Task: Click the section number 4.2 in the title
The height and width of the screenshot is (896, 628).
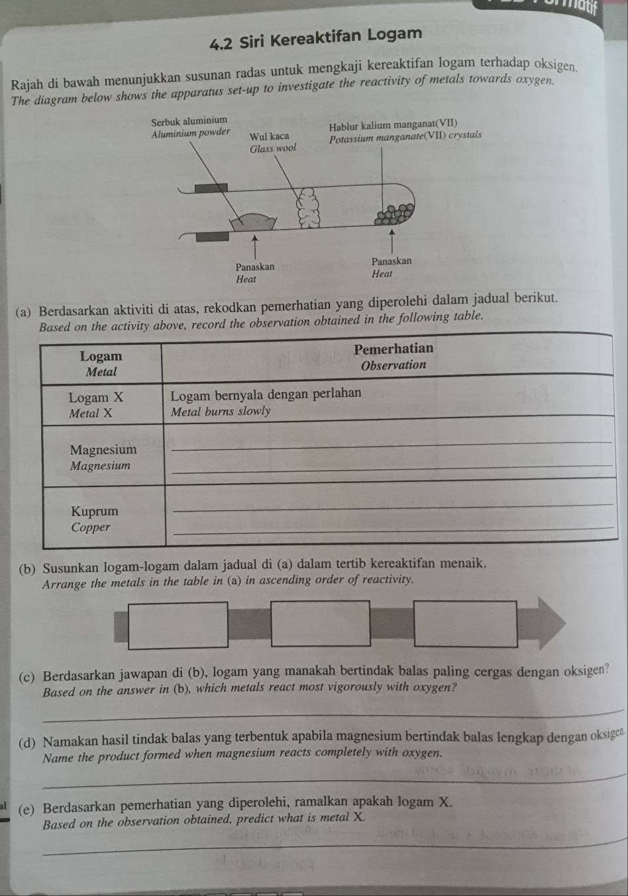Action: pyautogui.click(x=222, y=43)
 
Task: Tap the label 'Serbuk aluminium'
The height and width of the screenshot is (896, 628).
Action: pyautogui.click(x=189, y=120)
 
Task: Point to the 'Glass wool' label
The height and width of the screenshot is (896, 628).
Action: pyautogui.click(x=273, y=149)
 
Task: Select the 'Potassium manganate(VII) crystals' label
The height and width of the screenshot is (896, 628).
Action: pyautogui.click(x=405, y=136)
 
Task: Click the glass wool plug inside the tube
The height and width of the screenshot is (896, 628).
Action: pyautogui.click(x=308, y=208)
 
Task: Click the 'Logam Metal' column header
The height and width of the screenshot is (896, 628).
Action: pyautogui.click(x=101, y=364)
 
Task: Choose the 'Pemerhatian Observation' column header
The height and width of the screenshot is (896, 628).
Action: pyautogui.click(x=393, y=356)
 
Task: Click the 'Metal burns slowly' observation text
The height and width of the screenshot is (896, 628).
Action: pyautogui.click(x=221, y=412)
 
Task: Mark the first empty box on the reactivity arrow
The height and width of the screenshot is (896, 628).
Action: pyautogui.click(x=178, y=625)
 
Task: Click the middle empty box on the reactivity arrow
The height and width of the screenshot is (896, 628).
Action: pyautogui.click(x=321, y=623)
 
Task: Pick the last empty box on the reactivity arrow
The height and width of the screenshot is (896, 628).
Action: pyautogui.click(x=465, y=623)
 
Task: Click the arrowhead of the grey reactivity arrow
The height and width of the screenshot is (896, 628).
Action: pyautogui.click(x=550, y=623)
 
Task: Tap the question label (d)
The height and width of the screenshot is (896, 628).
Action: pyautogui.click(x=27, y=742)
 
